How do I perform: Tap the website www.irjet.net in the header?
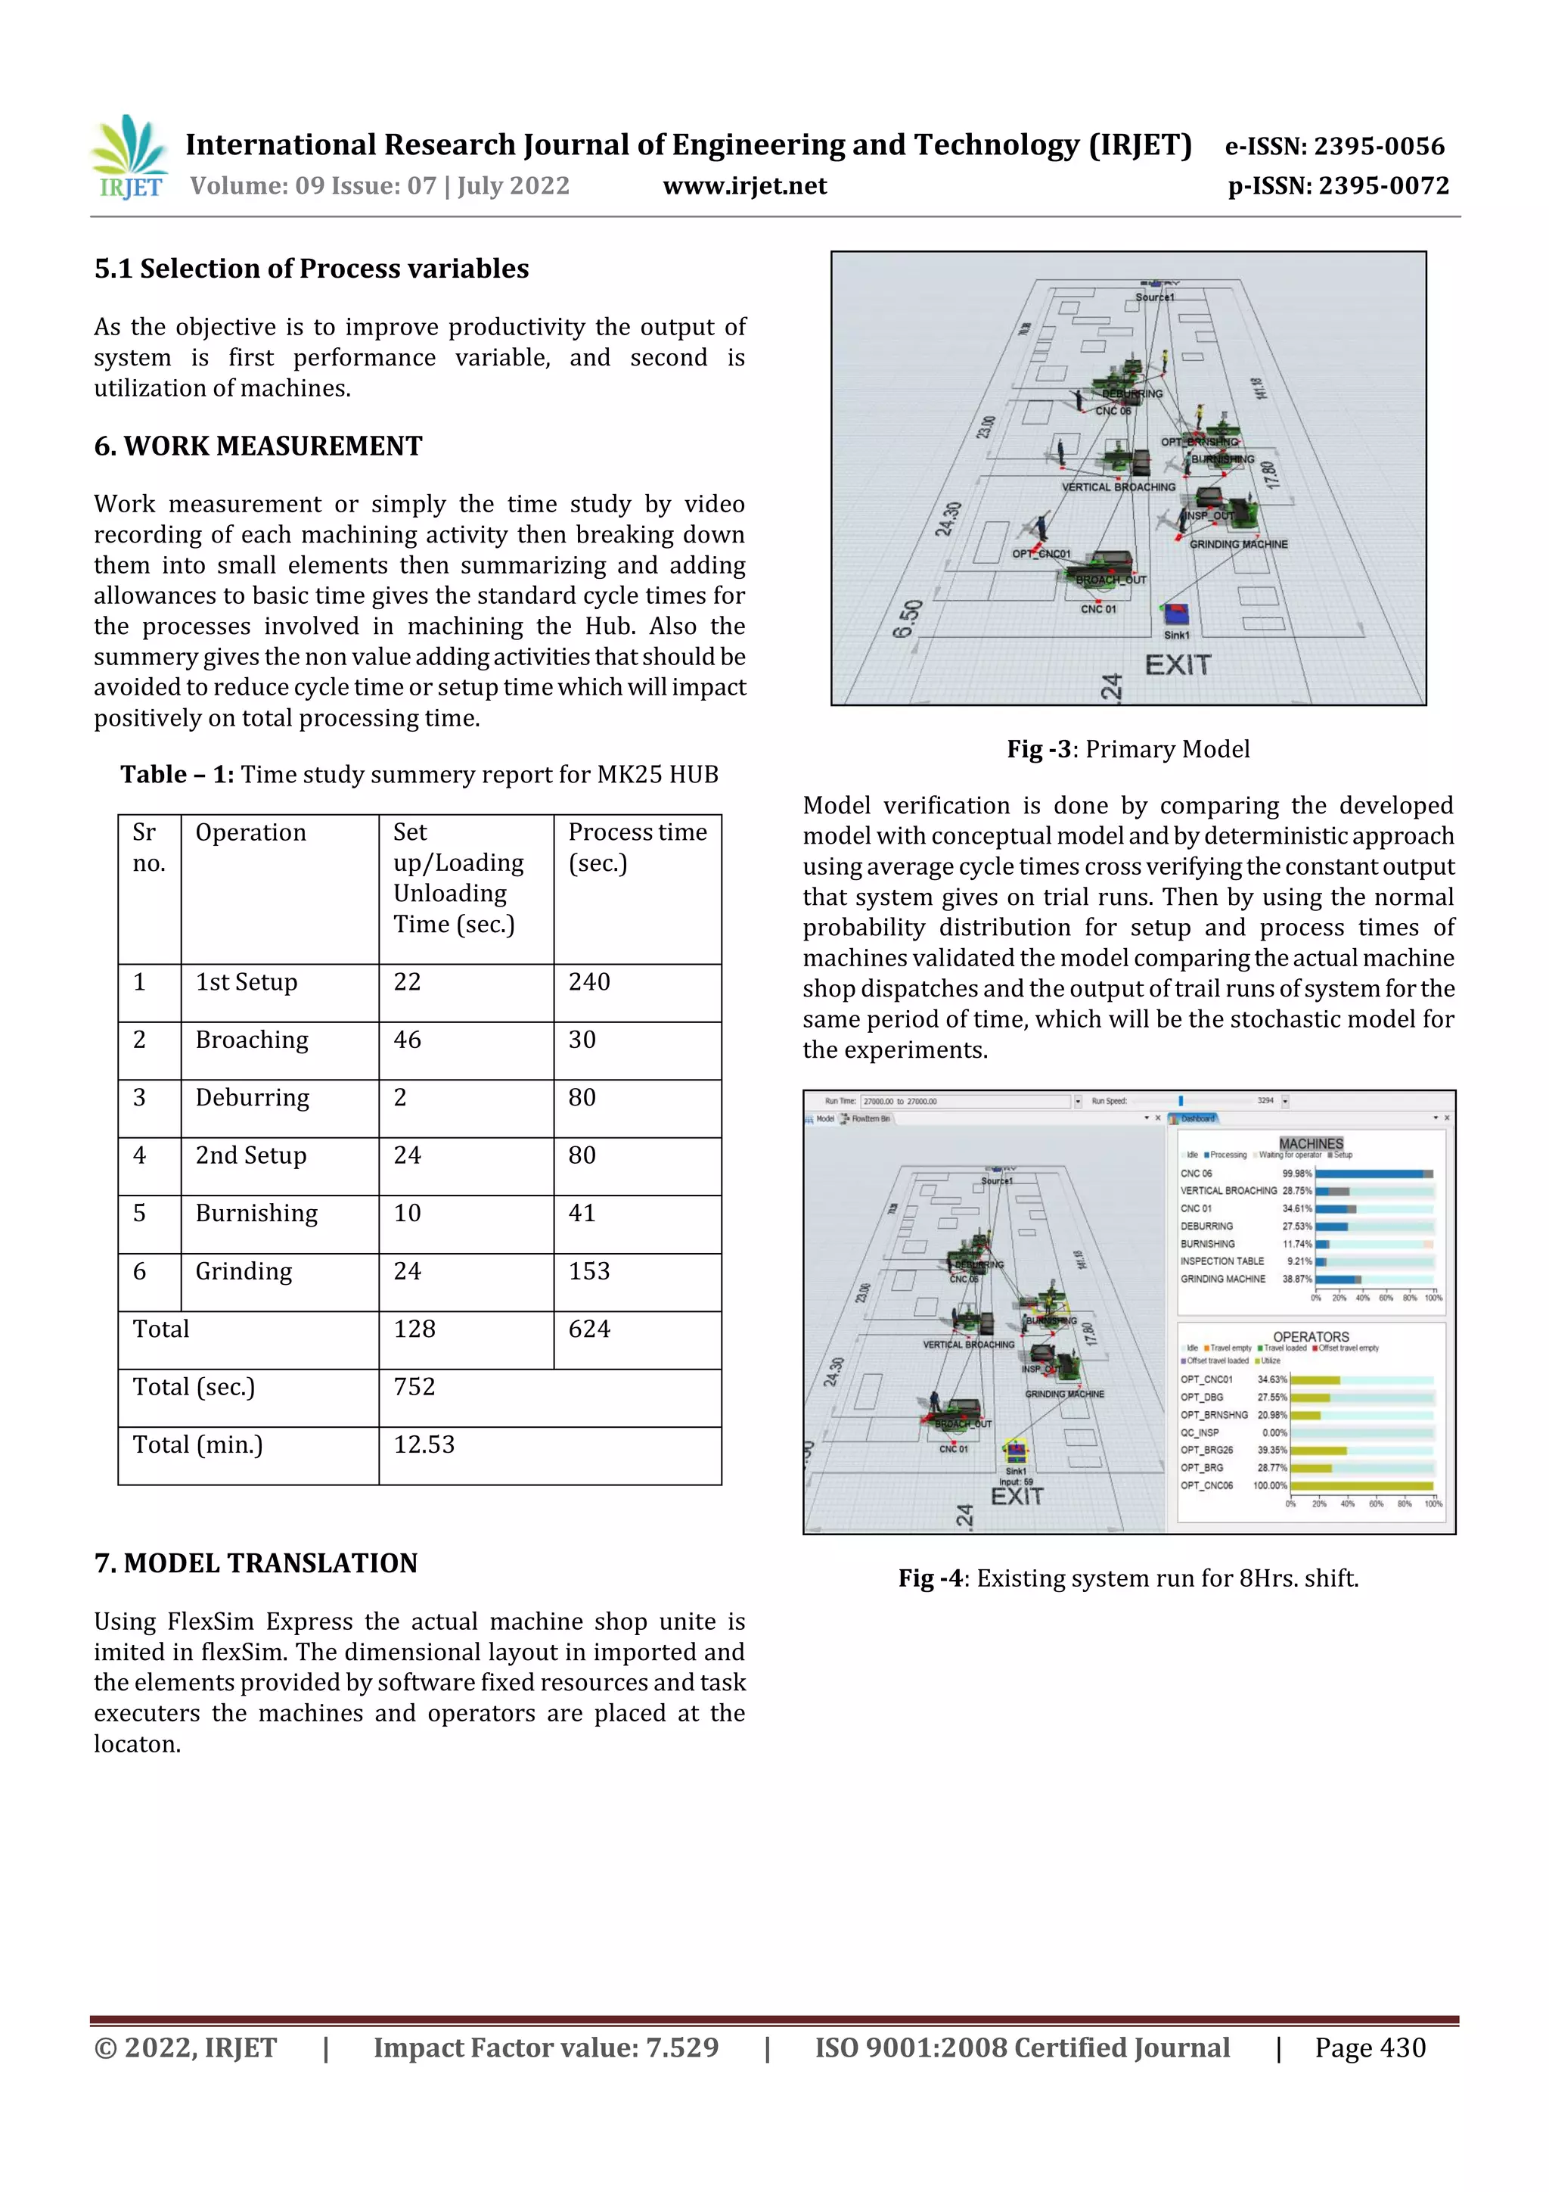744,185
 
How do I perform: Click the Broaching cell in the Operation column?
252,1040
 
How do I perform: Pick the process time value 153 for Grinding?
589,1270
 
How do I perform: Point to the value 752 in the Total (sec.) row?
414,1386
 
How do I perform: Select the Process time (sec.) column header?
637,847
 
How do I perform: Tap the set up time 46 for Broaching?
407,1040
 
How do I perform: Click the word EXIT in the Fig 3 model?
1178,664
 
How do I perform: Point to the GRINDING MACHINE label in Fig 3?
1238,544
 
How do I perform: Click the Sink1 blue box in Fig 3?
1176,614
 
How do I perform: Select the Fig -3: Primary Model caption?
1128,749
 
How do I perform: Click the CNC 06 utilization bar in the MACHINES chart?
1374,1174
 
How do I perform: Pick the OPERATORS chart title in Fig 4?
1311,1336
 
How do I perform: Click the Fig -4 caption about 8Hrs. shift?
1128,1578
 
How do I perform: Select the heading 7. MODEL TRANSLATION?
256,1563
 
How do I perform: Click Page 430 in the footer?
1370,2047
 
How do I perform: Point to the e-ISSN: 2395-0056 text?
1334,146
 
